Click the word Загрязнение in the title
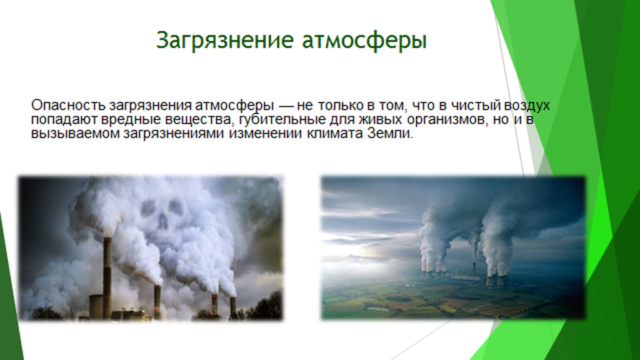click(x=225, y=41)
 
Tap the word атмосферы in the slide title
click(x=364, y=41)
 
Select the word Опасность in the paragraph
click(x=69, y=105)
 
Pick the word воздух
click(x=527, y=106)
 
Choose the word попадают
click(x=64, y=120)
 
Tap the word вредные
click(x=131, y=120)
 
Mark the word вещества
click(x=199, y=120)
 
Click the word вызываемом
click(x=76, y=134)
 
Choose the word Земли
click(x=390, y=133)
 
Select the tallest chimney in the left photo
click(x=107, y=277)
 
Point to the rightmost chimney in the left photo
click(x=232, y=307)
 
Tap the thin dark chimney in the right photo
click(x=473, y=267)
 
